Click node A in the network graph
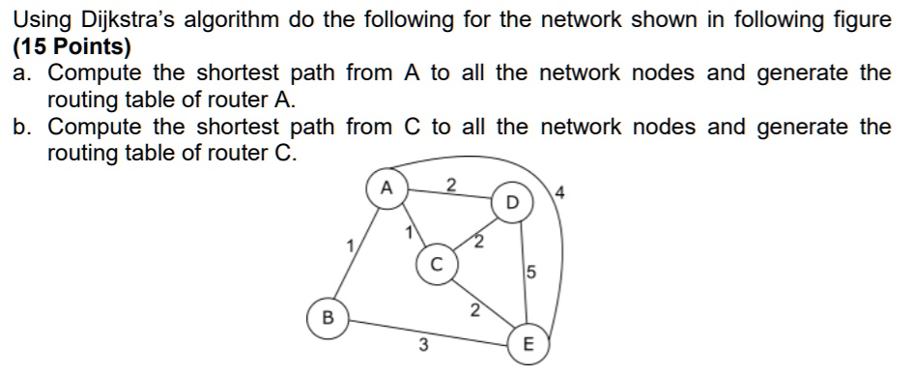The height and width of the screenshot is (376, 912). click(x=385, y=188)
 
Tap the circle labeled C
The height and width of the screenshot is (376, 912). click(x=435, y=262)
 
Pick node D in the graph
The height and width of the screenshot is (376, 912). click(x=512, y=202)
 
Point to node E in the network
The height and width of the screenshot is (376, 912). click(x=527, y=345)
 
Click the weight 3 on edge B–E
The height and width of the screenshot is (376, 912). click(x=422, y=345)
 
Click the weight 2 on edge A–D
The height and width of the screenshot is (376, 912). click(x=450, y=185)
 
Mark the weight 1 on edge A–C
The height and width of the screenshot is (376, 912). click(x=409, y=230)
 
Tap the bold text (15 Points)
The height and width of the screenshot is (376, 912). click(x=73, y=45)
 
